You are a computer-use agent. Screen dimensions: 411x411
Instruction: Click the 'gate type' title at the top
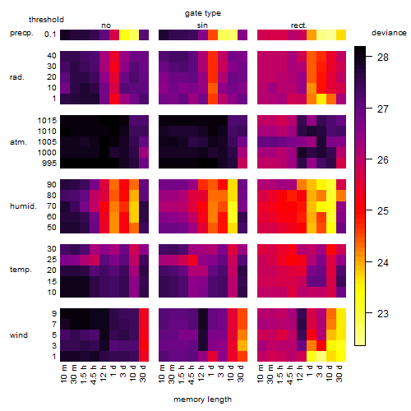pos(203,13)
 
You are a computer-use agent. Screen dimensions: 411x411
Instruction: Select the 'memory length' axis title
pos(202,399)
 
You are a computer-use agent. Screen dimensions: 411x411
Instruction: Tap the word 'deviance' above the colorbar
pos(389,33)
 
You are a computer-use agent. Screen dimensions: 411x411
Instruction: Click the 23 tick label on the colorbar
pos(383,313)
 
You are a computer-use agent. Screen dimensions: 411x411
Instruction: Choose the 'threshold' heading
pos(46,20)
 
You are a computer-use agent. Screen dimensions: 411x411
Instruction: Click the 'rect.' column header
pos(299,25)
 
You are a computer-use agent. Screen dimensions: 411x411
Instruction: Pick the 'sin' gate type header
pos(202,25)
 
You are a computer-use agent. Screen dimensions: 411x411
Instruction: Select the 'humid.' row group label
pos(23,206)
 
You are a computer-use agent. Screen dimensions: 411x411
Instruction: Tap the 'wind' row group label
pos(19,335)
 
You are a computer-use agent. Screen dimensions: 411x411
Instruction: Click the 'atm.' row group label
pos(18,142)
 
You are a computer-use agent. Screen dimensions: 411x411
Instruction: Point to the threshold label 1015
pos(47,121)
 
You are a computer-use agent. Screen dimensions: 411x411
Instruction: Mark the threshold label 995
pos(49,164)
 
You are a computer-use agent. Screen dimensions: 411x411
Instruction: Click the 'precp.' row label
pos(21,33)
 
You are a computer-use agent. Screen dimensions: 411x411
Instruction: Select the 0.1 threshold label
pos(50,35)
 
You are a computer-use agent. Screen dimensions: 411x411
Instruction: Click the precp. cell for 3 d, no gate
pos(124,35)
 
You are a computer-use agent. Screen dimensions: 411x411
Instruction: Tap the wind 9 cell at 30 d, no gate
pos(144,314)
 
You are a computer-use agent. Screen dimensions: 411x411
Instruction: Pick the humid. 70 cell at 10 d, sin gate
pos(233,206)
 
